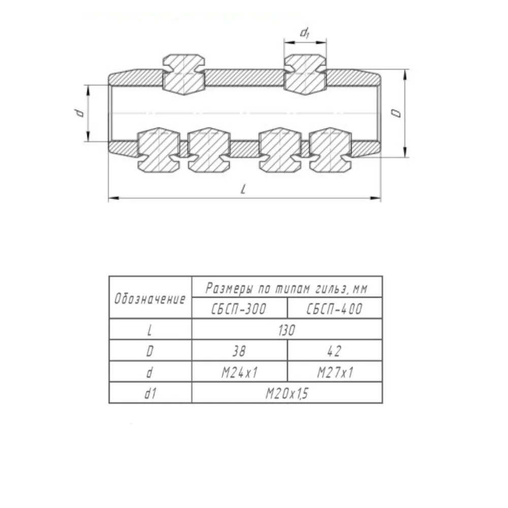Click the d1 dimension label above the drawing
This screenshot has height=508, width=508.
click(x=304, y=33)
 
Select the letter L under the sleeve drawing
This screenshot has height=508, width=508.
click(x=243, y=189)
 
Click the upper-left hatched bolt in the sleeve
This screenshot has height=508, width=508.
click(x=184, y=75)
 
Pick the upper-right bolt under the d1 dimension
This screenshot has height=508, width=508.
click(x=305, y=75)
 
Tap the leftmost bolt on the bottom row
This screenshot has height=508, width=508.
click(x=158, y=150)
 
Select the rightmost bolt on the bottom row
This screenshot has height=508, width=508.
click(x=330, y=150)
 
